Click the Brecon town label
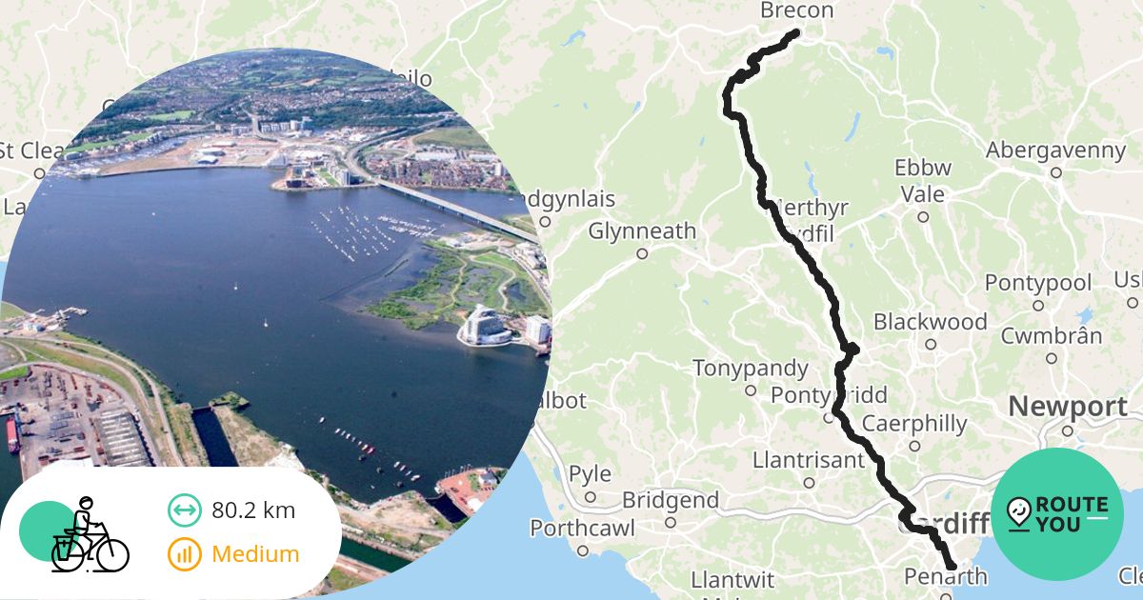[x=796, y=11]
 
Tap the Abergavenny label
[x=1055, y=150]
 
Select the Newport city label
[x=1067, y=408]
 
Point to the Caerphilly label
[x=913, y=424]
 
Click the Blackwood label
[x=930, y=321]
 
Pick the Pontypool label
[x=1037, y=284]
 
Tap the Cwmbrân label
[x=1052, y=336]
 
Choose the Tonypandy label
[x=750, y=369]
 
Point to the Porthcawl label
[x=582, y=528]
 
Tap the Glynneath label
[x=642, y=231]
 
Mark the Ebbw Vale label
[x=922, y=181]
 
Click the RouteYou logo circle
[x=1056, y=514]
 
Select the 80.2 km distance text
[x=253, y=510]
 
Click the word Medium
[x=255, y=554]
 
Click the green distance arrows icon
[x=184, y=510]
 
